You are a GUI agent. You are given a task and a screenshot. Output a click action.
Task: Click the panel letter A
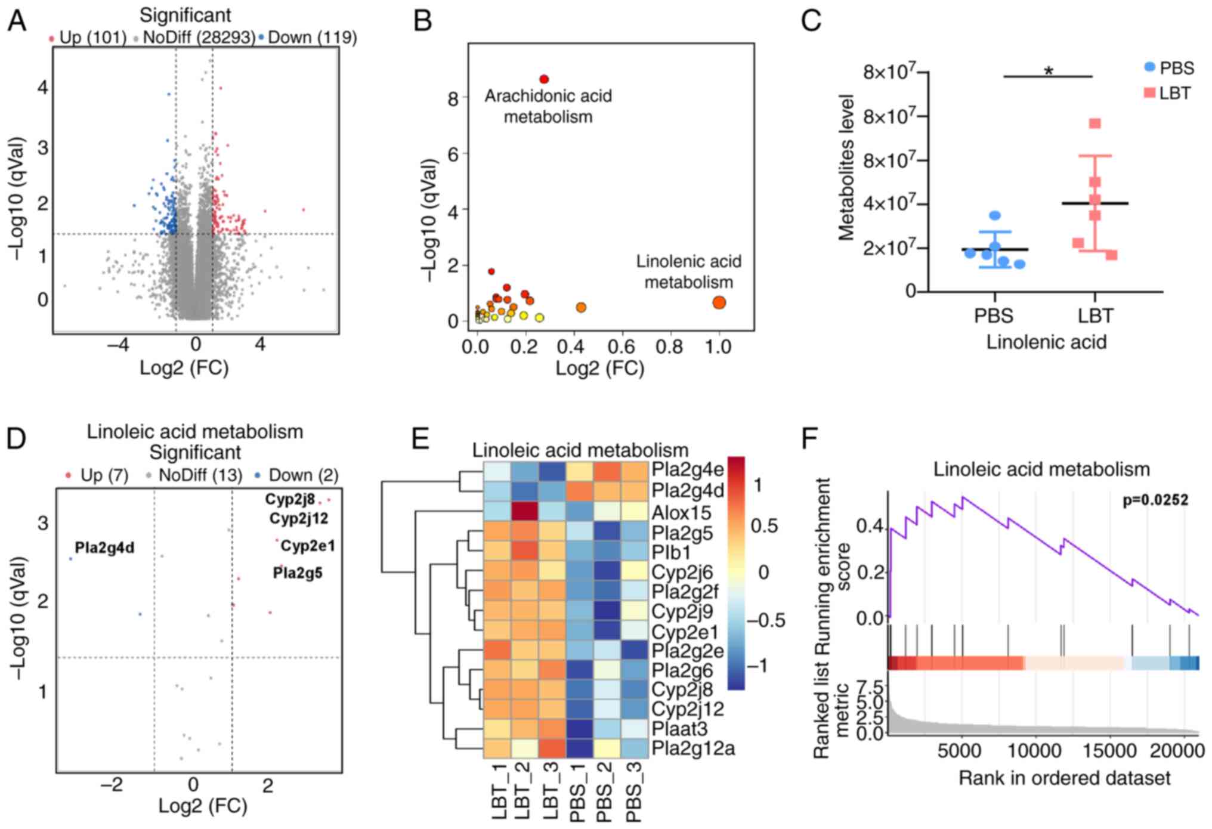point(17,21)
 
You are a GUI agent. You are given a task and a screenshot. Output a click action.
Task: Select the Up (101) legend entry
point(87,38)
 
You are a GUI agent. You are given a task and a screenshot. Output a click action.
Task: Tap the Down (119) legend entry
point(307,38)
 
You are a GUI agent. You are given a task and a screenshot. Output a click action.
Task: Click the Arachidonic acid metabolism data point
point(543,79)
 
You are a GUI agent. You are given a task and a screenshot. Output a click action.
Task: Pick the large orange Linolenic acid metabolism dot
point(719,302)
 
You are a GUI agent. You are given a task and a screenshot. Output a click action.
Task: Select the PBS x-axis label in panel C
point(993,315)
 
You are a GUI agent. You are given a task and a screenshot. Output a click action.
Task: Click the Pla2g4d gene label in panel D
point(104,547)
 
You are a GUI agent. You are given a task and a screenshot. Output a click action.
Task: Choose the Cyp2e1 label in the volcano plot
point(308,546)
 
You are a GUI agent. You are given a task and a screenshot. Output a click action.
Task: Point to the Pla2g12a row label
point(692,748)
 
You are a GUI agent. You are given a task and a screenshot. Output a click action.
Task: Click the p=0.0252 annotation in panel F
point(1155,500)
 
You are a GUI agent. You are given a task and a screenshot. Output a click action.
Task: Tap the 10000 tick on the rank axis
point(1035,750)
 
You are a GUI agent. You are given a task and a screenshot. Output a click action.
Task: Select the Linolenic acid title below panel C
point(1046,342)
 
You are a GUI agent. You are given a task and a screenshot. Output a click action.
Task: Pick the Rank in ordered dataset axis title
point(1065,778)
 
